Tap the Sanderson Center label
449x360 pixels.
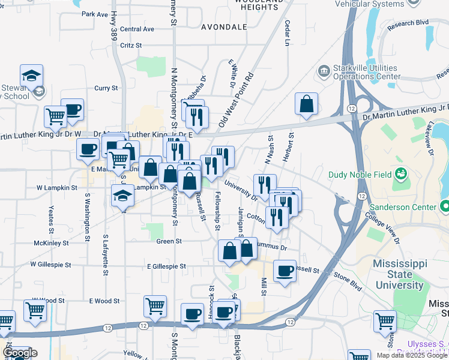(402, 207)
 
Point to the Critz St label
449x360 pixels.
(130, 45)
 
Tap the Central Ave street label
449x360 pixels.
(137, 29)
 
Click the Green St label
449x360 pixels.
(169, 241)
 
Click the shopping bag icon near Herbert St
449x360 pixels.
(306, 104)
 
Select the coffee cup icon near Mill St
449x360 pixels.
(285, 271)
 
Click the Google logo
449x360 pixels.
(20, 353)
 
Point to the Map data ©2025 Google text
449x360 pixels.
(412, 355)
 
